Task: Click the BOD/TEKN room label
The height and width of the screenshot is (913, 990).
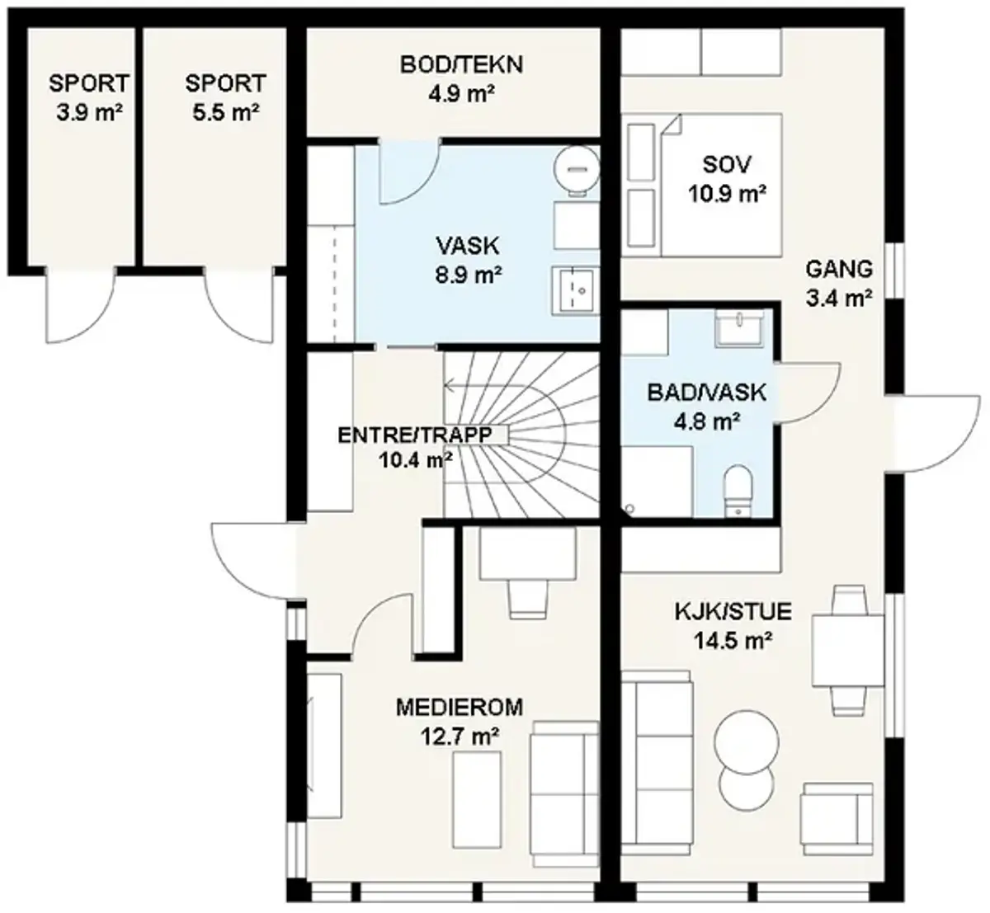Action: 462,65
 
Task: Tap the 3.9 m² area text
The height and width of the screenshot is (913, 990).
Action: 90,113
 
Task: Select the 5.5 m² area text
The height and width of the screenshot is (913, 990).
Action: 226,113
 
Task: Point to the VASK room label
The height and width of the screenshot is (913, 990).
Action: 468,245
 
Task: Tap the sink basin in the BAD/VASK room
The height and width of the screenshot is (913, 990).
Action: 739,327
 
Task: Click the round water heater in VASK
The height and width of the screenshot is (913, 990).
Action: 577,169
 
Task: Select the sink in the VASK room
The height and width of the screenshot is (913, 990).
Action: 575,290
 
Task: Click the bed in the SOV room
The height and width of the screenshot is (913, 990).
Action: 721,186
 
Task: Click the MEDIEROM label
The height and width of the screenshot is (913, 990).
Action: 460,708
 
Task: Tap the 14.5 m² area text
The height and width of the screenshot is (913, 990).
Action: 733,641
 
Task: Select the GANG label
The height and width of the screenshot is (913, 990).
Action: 840,269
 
